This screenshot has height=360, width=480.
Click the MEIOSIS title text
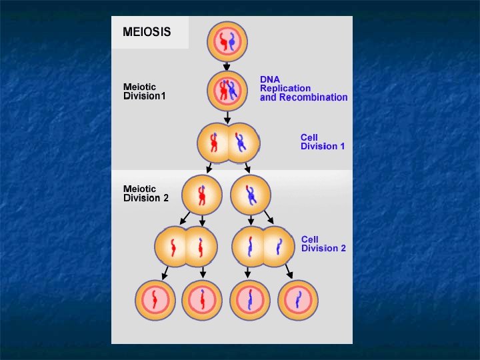pyautogui.click(x=147, y=32)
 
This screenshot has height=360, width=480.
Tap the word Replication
pyautogui.click(x=285, y=88)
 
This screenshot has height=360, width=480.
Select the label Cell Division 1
pyautogui.click(x=323, y=141)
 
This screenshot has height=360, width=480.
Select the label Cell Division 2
pyautogui.click(x=323, y=243)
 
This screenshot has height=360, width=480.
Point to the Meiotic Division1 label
pyautogui.click(x=145, y=91)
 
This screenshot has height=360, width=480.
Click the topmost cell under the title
pyautogui.click(x=227, y=41)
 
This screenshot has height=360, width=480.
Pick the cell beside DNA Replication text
pyautogui.click(x=227, y=90)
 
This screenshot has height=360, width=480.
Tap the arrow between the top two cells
pyautogui.click(x=227, y=66)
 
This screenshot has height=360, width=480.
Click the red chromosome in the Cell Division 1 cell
pyautogui.click(x=215, y=142)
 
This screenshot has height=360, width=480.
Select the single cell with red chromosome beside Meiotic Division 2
pyautogui.click(x=202, y=194)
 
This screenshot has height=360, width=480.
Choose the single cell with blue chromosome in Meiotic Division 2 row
pyautogui.click(x=251, y=194)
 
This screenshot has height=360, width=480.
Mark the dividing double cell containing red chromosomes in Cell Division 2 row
pyautogui.click(x=187, y=247)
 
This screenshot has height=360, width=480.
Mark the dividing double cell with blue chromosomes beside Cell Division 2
pyautogui.click(x=263, y=247)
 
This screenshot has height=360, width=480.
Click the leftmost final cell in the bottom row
pyautogui.click(x=155, y=300)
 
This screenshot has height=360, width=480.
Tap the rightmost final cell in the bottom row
pyautogui.click(x=298, y=300)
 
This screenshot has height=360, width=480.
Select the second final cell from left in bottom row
pyautogui.click(x=202, y=300)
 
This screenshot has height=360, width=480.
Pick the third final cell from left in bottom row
pyautogui.click(x=250, y=300)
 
